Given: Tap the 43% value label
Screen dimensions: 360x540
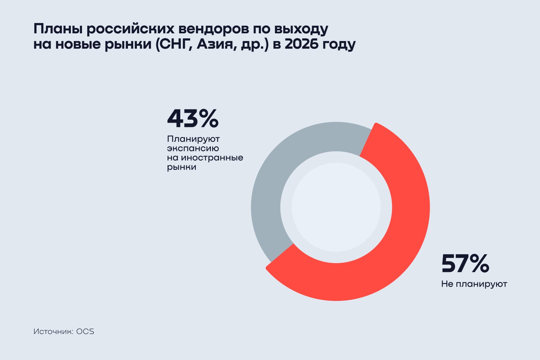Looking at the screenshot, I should [x=193, y=119].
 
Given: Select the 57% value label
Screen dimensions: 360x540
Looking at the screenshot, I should [x=465, y=264].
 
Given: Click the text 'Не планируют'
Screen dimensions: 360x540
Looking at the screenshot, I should [x=474, y=284].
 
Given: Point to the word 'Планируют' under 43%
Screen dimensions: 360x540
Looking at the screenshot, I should [x=193, y=139].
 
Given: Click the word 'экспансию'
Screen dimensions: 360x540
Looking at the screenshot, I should [x=193, y=148].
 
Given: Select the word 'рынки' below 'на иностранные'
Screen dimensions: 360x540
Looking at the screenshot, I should [x=182, y=167].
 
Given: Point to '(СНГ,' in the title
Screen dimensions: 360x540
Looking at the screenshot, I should [x=174, y=44].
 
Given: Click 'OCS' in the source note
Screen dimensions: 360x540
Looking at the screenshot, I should [x=85, y=332].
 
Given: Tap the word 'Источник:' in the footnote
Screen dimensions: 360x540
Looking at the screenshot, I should [x=53, y=332].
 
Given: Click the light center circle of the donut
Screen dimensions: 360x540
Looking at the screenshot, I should [x=336, y=207].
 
